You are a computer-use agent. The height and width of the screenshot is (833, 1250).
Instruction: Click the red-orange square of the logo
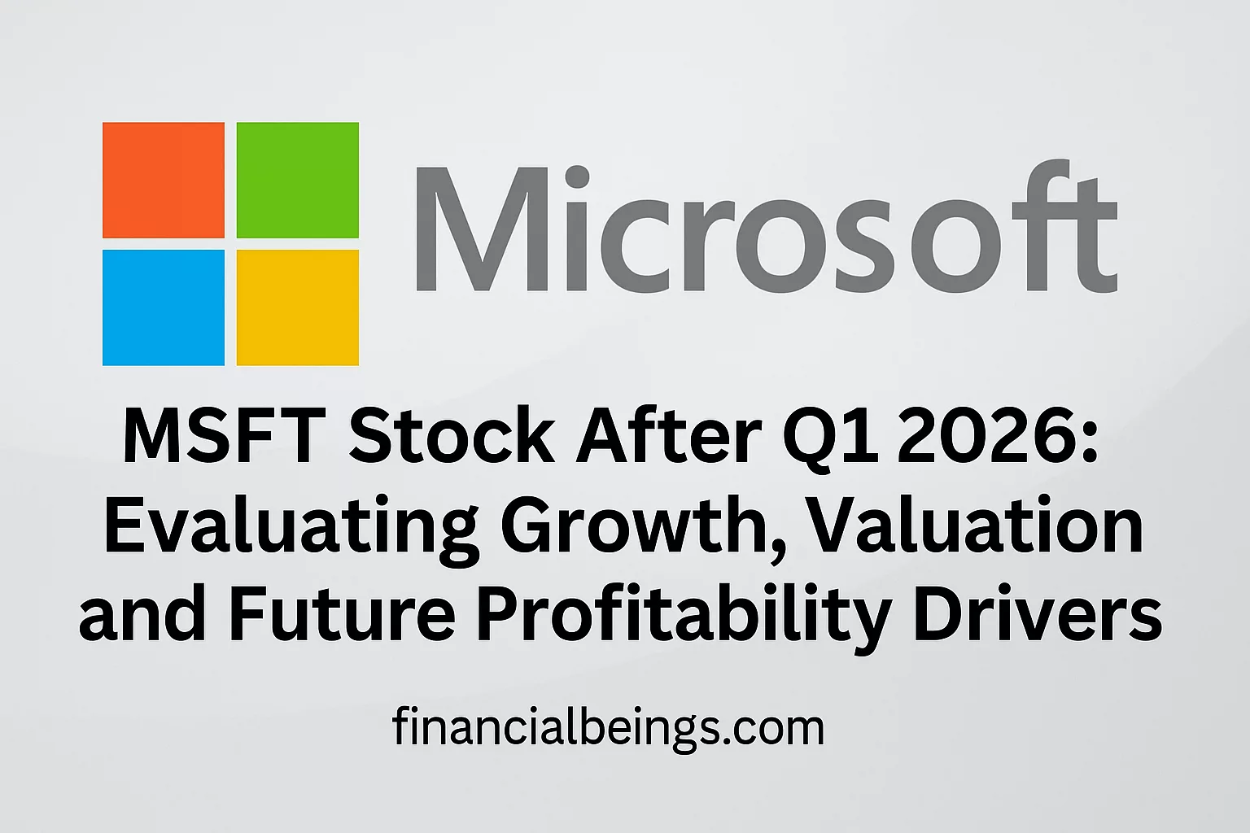point(164,180)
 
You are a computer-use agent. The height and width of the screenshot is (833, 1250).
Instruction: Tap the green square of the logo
point(298,180)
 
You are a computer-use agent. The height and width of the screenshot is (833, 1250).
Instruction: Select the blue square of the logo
point(164,307)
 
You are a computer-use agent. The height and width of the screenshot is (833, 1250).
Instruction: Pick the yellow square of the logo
point(298,307)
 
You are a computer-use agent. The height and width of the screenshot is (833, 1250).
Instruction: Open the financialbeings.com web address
point(608,728)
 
